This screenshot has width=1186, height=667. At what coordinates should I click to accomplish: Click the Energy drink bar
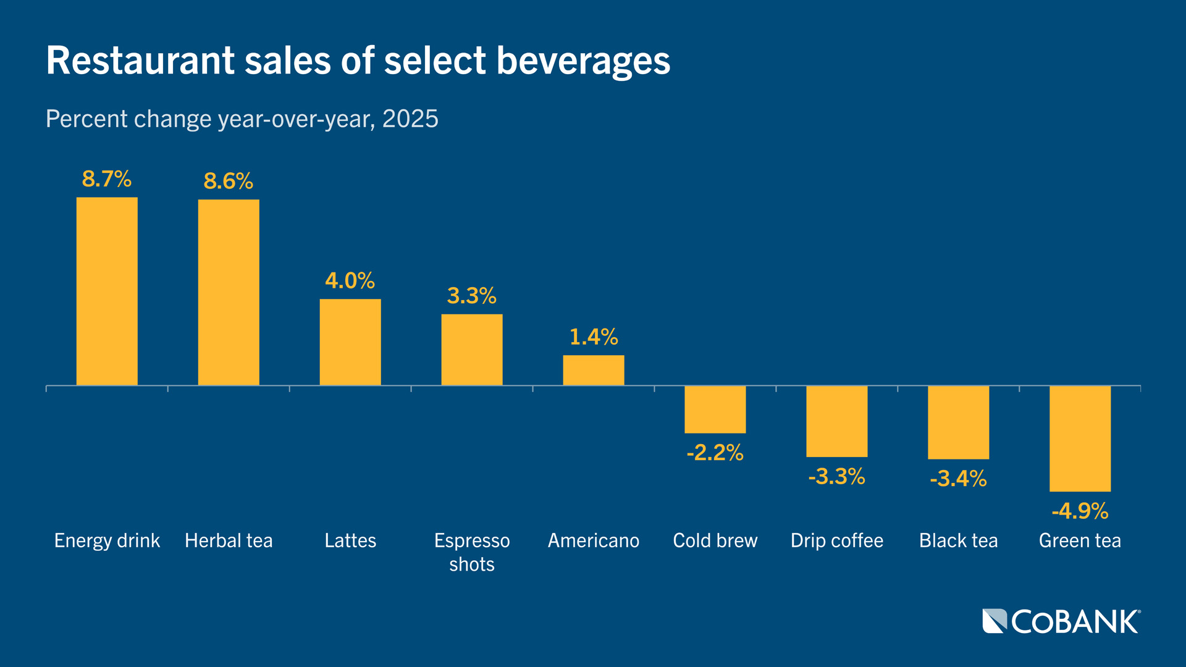(107, 292)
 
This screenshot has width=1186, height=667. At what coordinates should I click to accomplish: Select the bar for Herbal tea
(229, 293)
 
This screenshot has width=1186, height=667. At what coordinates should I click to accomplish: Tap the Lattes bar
(350, 342)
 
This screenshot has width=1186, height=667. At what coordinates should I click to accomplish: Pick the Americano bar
(593, 370)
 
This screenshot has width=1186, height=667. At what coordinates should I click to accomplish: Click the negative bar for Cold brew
(715, 409)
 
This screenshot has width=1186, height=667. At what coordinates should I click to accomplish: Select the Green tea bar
(1080, 438)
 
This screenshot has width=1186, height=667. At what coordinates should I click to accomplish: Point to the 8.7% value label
(107, 179)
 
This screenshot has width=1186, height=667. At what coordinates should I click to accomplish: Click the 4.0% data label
(350, 281)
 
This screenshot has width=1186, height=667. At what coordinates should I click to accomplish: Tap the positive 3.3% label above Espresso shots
(471, 296)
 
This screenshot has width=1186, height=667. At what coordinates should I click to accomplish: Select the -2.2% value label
(715, 453)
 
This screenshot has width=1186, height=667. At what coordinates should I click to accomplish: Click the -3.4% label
(958, 479)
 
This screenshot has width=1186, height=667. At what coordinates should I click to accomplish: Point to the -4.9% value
(1080, 511)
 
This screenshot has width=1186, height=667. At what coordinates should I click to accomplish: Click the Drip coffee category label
(836, 540)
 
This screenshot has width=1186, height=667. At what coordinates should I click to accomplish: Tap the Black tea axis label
(958, 540)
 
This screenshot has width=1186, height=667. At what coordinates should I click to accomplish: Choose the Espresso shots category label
(471, 552)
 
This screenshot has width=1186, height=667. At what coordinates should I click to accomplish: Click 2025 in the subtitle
(410, 119)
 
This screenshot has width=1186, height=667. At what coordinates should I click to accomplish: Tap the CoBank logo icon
(995, 621)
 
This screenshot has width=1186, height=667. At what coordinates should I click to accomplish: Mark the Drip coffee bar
(836, 421)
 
